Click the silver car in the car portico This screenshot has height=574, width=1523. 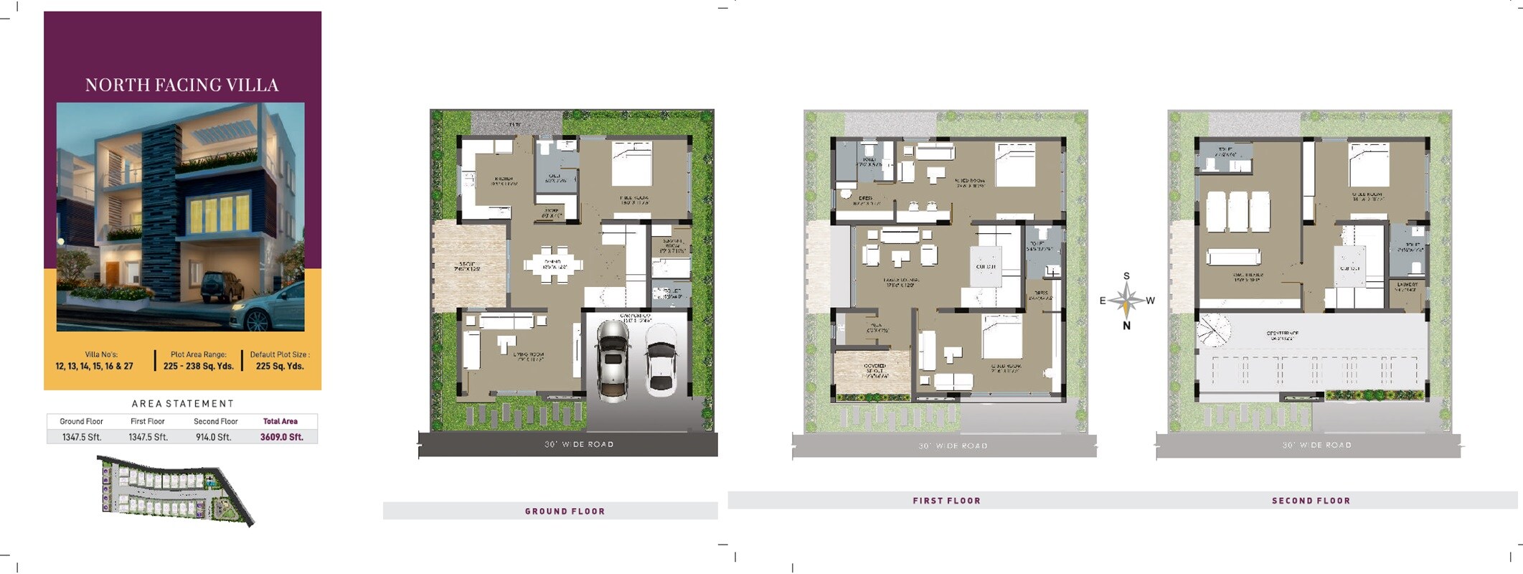pos(613,358)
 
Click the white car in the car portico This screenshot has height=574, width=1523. pos(660,360)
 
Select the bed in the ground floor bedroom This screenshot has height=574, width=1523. pos(631,164)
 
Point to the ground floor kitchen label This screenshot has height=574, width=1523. pos(504,181)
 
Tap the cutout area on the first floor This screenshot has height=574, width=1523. pos(986,267)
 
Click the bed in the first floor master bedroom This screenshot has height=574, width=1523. pos(1014,164)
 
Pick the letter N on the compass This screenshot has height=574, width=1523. pos(1126,326)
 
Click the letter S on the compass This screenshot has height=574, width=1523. pos(1126,276)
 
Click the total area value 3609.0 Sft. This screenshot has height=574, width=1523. pos(281,437)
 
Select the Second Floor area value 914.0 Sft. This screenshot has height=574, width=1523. pos(214,437)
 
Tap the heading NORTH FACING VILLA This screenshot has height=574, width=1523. pos(181,85)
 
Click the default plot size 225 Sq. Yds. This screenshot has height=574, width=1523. pos(280,366)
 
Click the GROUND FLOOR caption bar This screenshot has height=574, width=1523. pos(565,511)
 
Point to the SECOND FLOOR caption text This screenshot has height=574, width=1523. pos(1311,501)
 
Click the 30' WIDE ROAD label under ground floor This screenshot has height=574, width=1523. pos(579,444)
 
